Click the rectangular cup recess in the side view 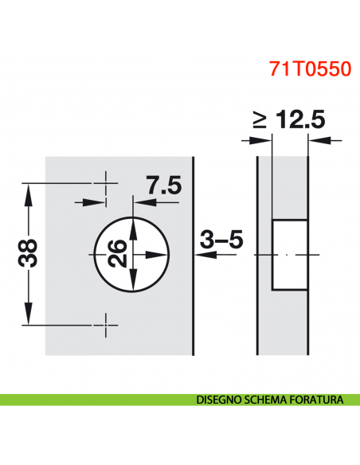pyautogui.click(x=290, y=254)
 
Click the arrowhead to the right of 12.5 pyautogui.click(x=316, y=141)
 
